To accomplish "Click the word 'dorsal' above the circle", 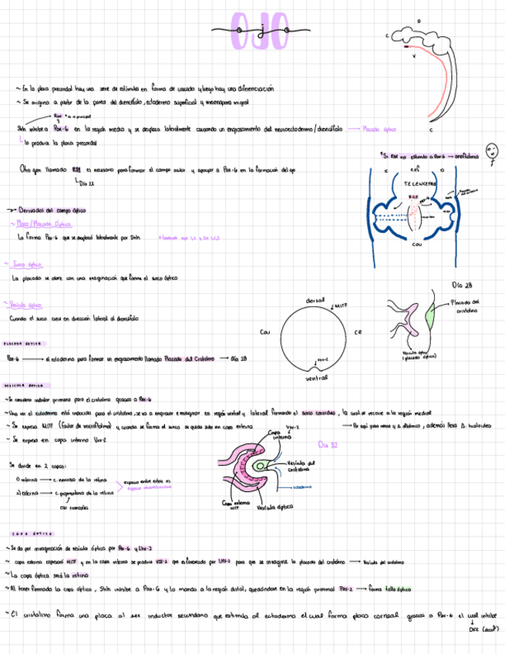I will pos(315,299).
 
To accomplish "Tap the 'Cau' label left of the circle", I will pos(264,332).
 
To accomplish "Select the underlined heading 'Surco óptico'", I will pos(27,264).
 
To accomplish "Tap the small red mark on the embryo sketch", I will pos(406,48).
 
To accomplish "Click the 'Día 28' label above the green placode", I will pos(463,285).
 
